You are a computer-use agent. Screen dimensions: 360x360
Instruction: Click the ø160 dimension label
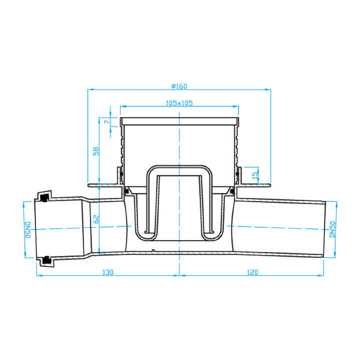179,86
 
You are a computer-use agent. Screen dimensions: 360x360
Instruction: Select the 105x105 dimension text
179,103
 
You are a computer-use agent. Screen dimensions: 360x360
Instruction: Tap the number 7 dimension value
107,121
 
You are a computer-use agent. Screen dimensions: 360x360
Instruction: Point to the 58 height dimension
96,151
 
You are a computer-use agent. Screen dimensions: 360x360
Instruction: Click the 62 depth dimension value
96,219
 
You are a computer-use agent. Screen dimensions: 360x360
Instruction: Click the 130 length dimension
107,272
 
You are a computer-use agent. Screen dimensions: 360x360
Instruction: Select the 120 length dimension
252,272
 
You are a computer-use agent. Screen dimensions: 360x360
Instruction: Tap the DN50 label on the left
27,230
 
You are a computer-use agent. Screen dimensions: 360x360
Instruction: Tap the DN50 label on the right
332,229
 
